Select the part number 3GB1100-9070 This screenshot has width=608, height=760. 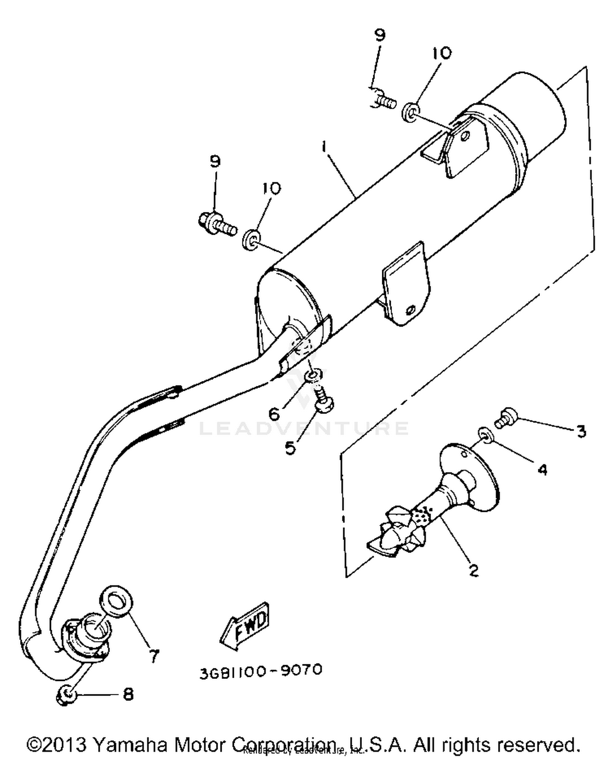pos(261,671)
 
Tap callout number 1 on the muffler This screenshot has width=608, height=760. pos(324,146)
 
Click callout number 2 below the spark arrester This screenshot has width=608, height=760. pos(473,570)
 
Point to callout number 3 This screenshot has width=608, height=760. pos(581,431)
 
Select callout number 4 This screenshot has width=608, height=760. pos(542,469)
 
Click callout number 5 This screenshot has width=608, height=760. pos(290,447)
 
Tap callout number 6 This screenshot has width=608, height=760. pos(274,414)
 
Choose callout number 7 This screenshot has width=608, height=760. pos(154,655)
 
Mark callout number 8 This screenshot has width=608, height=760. pos(128,695)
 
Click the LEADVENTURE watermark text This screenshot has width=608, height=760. pos(304,428)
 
